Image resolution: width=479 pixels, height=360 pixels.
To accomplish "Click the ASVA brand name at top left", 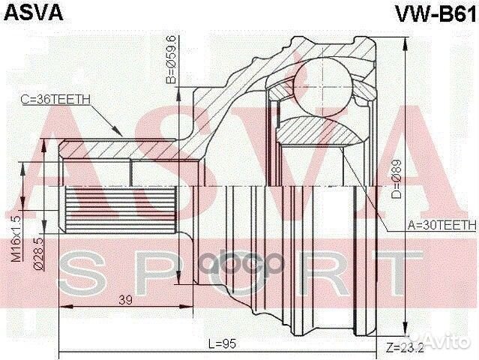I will click(x=34, y=13).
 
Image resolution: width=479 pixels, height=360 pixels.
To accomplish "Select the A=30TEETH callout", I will click(x=441, y=224).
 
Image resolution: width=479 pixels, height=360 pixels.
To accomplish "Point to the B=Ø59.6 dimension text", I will click(x=172, y=59).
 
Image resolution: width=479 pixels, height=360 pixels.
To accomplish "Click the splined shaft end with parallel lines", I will click(x=82, y=210).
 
